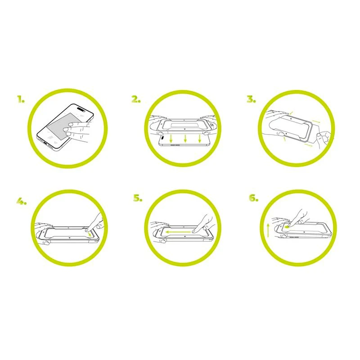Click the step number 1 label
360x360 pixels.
pos(21,99)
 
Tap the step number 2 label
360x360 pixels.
pos(136,99)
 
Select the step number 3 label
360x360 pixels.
pos(252,99)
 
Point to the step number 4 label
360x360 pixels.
pos(22,201)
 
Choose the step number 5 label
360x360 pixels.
pos(138,198)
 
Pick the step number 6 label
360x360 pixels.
pos(254,198)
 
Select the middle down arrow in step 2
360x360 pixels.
pos(185,139)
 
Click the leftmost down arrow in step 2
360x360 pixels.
pos(171,139)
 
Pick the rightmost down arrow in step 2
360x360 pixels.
pos(200,139)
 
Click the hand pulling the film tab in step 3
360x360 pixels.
pos(324,138)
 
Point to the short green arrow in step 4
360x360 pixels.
pos(90,234)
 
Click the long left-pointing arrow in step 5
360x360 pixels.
pos(178,232)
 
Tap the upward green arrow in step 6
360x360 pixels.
pos(268,231)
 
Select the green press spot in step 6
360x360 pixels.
pos(286,227)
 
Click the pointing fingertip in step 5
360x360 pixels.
pos(194,231)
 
